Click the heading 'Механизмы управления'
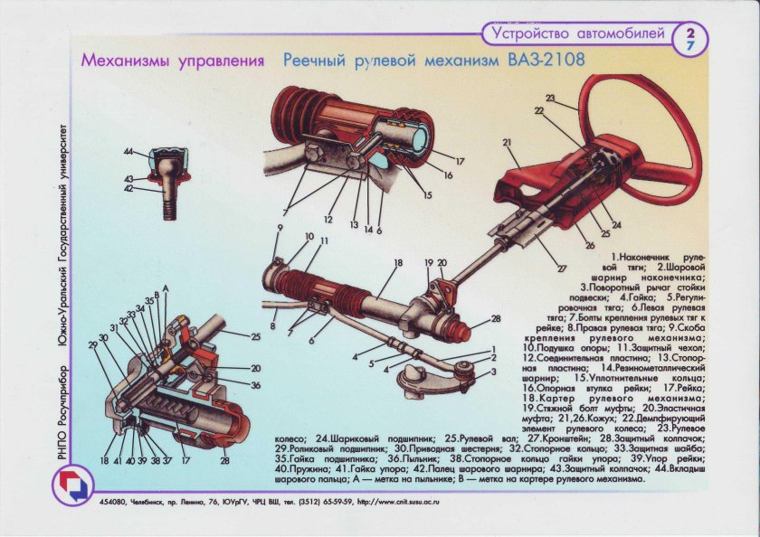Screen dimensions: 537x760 click(173, 61)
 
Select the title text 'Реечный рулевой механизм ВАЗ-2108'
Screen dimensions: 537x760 click(433, 61)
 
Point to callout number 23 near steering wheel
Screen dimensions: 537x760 click(550, 97)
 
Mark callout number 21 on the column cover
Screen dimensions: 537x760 click(508, 142)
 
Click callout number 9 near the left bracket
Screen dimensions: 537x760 click(280, 226)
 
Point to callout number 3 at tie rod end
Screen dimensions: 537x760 click(494, 371)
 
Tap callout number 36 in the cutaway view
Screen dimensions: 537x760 click(257, 386)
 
